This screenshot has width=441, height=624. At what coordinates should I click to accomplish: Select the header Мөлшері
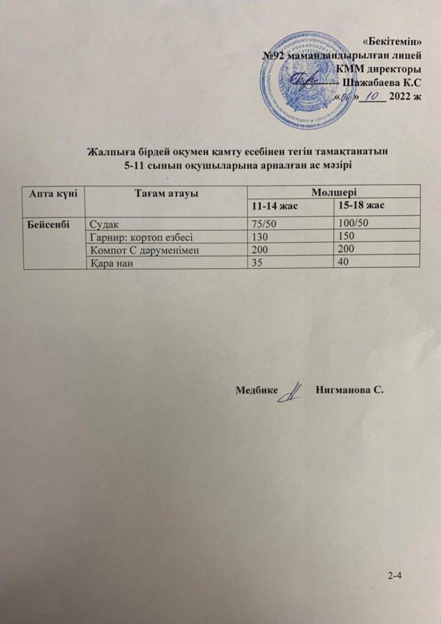(x=335, y=192)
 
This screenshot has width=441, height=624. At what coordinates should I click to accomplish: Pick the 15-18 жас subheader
(x=360, y=206)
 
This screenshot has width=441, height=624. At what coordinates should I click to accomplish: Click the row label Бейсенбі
(x=47, y=223)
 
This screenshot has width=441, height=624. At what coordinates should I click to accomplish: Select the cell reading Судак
(x=104, y=224)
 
